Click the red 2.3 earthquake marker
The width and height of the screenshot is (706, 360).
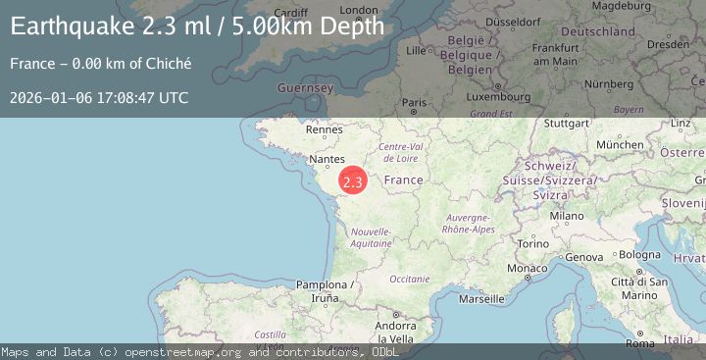(x=353, y=181)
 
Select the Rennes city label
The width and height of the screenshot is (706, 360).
(x=324, y=129)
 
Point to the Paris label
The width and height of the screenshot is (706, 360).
(x=416, y=102)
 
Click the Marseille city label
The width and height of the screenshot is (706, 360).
(x=480, y=298)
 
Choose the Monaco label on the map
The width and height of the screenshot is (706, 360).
(x=527, y=268)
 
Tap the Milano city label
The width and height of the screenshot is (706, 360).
(x=567, y=216)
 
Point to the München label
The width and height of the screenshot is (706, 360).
(x=620, y=144)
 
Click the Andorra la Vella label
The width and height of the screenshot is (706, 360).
(x=398, y=332)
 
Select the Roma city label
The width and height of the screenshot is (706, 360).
(x=639, y=344)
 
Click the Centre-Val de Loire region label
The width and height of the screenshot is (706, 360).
(x=400, y=152)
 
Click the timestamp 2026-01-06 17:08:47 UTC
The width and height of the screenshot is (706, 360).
(x=99, y=98)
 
